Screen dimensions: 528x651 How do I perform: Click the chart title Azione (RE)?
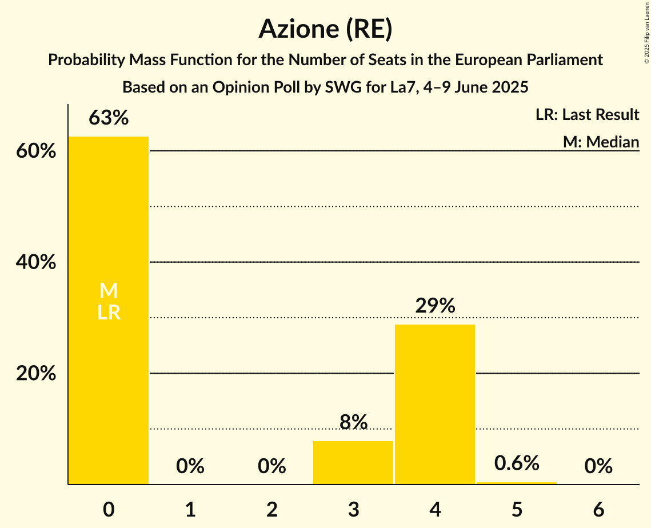[x=325, y=29]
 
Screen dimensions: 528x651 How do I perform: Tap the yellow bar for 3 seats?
[x=353, y=463]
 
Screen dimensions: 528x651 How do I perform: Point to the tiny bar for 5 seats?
[x=517, y=483]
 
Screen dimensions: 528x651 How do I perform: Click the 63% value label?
[x=109, y=118]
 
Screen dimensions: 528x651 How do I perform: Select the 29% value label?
[x=435, y=306]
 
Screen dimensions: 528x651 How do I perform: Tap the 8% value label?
[x=353, y=422]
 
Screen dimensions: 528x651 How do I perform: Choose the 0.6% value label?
[x=517, y=463]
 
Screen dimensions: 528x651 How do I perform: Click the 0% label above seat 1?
[x=190, y=467]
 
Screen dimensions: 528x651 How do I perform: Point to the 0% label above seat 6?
[x=598, y=467]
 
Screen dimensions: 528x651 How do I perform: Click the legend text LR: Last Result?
[x=587, y=115]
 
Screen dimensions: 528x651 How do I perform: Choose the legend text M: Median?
[x=601, y=142]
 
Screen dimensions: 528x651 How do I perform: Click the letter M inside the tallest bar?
[x=109, y=291]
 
